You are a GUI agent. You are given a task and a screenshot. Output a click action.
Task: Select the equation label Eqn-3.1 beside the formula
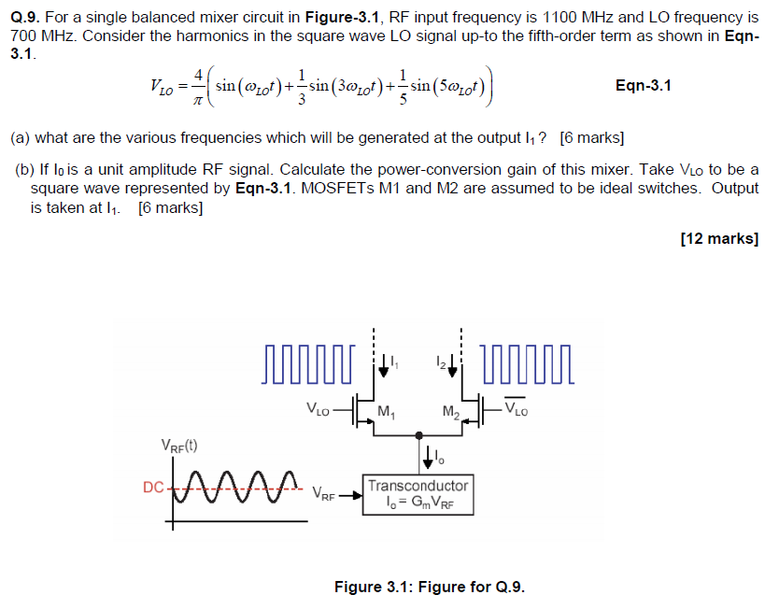click(x=644, y=86)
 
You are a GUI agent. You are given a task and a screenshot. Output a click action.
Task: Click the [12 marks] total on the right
click(x=719, y=239)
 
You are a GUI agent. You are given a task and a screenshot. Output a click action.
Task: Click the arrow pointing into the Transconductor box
click(x=349, y=495)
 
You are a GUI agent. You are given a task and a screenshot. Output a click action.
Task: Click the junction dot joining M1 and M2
click(x=418, y=434)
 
